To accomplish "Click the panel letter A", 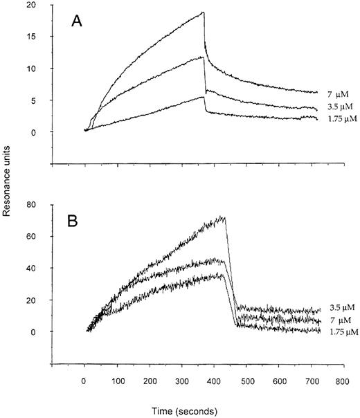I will pos(78,21).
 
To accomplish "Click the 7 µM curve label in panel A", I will pos(334,93).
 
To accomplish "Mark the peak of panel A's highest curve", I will pos(204,12).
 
